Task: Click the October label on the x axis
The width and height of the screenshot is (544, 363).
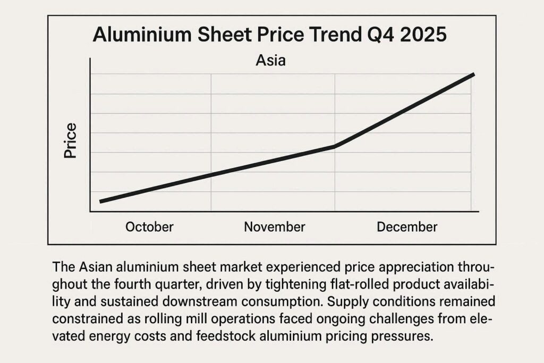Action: pyautogui.click(x=149, y=227)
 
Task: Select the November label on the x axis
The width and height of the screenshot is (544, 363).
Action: pyautogui.click(x=275, y=227)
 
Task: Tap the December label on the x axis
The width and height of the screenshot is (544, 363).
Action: pyautogui.click(x=407, y=227)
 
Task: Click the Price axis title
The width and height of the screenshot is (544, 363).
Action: pyautogui.click(x=71, y=141)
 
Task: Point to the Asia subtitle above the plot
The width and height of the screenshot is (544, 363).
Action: pyautogui.click(x=271, y=61)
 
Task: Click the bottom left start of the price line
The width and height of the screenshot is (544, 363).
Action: pyautogui.click(x=101, y=201)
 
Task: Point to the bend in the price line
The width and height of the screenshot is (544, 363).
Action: pyautogui.click(x=335, y=146)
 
